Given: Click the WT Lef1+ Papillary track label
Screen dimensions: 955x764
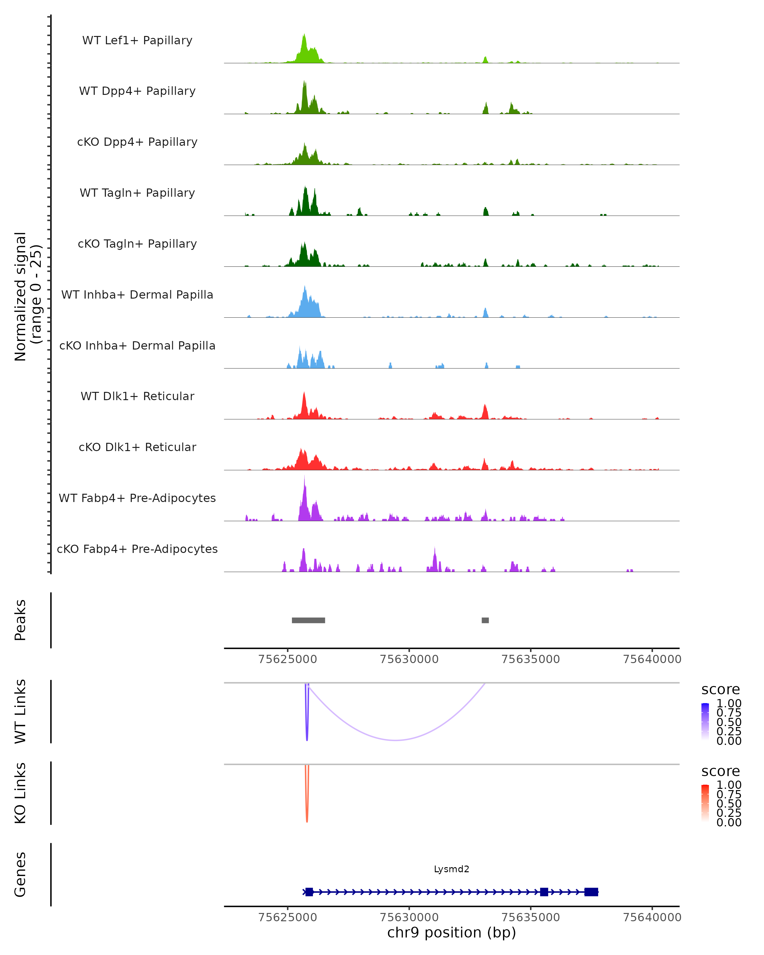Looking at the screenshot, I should click(137, 40).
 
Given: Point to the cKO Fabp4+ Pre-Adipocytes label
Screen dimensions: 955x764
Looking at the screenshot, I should click(137, 549).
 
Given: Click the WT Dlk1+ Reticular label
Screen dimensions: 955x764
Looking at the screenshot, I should click(137, 396).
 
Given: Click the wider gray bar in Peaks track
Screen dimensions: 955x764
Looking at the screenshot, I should click(308, 620).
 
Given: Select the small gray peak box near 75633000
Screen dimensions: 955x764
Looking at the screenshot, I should click(485, 620).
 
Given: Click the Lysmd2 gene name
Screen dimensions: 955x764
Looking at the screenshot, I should click(451, 869).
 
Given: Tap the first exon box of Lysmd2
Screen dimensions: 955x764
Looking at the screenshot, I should click(309, 892).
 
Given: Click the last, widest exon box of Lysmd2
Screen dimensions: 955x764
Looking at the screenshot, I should click(591, 892).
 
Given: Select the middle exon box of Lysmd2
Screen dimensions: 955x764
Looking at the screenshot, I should click(544, 892).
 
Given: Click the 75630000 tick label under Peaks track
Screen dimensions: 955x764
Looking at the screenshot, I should click(409, 659).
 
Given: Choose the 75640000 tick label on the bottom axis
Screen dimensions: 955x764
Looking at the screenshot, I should click(652, 917).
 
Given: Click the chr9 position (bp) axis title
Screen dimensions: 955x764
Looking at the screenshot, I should click(451, 933).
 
